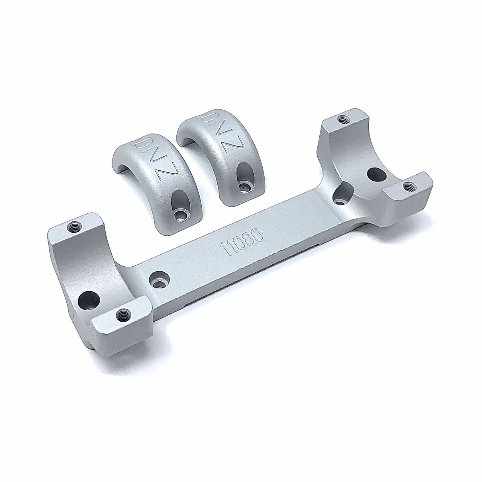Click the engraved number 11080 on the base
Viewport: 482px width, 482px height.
(242, 242)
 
